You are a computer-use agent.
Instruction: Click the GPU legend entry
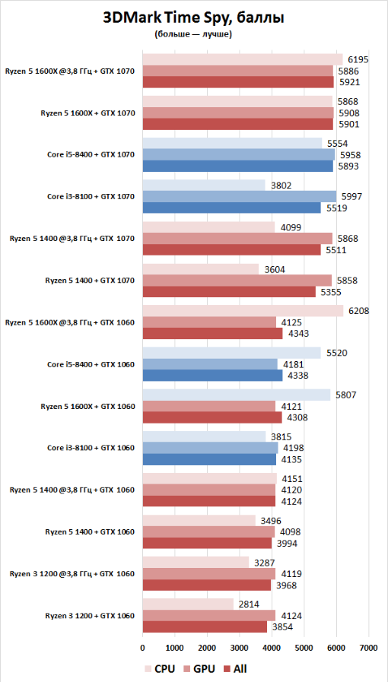point(199,668)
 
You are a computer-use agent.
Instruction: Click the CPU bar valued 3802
point(204,186)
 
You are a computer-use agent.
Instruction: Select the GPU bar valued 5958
point(238,154)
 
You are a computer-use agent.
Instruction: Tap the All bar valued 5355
point(229,292)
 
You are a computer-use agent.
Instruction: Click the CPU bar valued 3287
point(196,562)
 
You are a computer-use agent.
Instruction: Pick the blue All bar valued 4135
point(209,459)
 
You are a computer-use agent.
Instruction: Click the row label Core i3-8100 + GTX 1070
point(91,197)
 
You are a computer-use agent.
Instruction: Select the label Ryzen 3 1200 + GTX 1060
point(90,615)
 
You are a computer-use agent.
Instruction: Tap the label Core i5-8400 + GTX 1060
point(91,364)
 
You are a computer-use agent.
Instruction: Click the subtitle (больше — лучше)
point(192,35)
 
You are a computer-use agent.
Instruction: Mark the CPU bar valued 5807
point(236,395)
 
